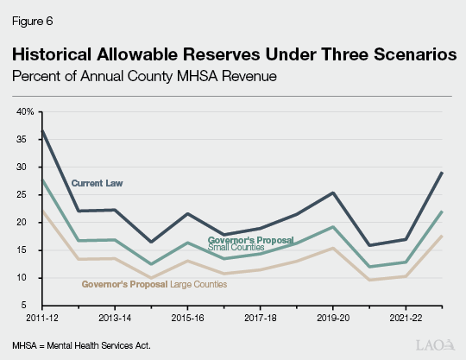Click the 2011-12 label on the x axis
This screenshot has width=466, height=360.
click(30, 319)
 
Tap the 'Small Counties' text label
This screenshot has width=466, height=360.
click(237, 248)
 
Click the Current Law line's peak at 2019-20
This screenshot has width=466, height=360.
click(333, 193)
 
